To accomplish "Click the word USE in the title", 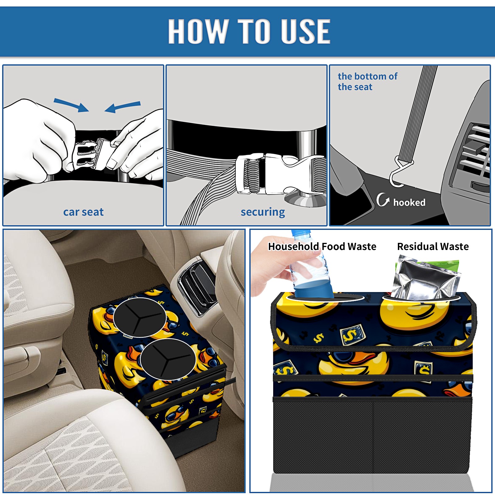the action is coord(305,31).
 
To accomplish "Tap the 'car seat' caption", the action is coord(83,212).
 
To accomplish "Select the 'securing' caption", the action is coord(263,212).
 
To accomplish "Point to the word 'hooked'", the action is coord(409,202).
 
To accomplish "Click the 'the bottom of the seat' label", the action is coord(368,81).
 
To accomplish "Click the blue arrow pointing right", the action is coord(71,105).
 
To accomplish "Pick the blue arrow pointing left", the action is coord(123,107).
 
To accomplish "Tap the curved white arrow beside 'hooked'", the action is coord(382,200).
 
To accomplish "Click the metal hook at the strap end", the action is coord(399,173).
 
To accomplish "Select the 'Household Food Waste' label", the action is coord(322,246).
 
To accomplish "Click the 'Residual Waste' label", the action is coord(433,246).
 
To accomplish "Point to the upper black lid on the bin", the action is coord(140,317).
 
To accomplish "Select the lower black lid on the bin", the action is coord(168,359).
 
